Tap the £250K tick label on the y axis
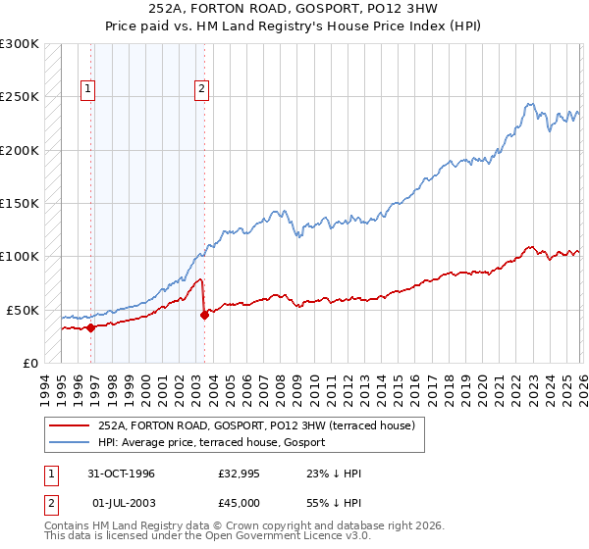click(20, 97)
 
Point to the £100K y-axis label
click(20, 257)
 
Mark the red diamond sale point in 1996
click(91, 327)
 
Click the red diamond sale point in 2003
click(204, 315)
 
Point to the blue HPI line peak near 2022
click(529, 104)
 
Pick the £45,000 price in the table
click(239, 503)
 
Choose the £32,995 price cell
click(239, 474)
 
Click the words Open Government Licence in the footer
click(284, 537)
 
